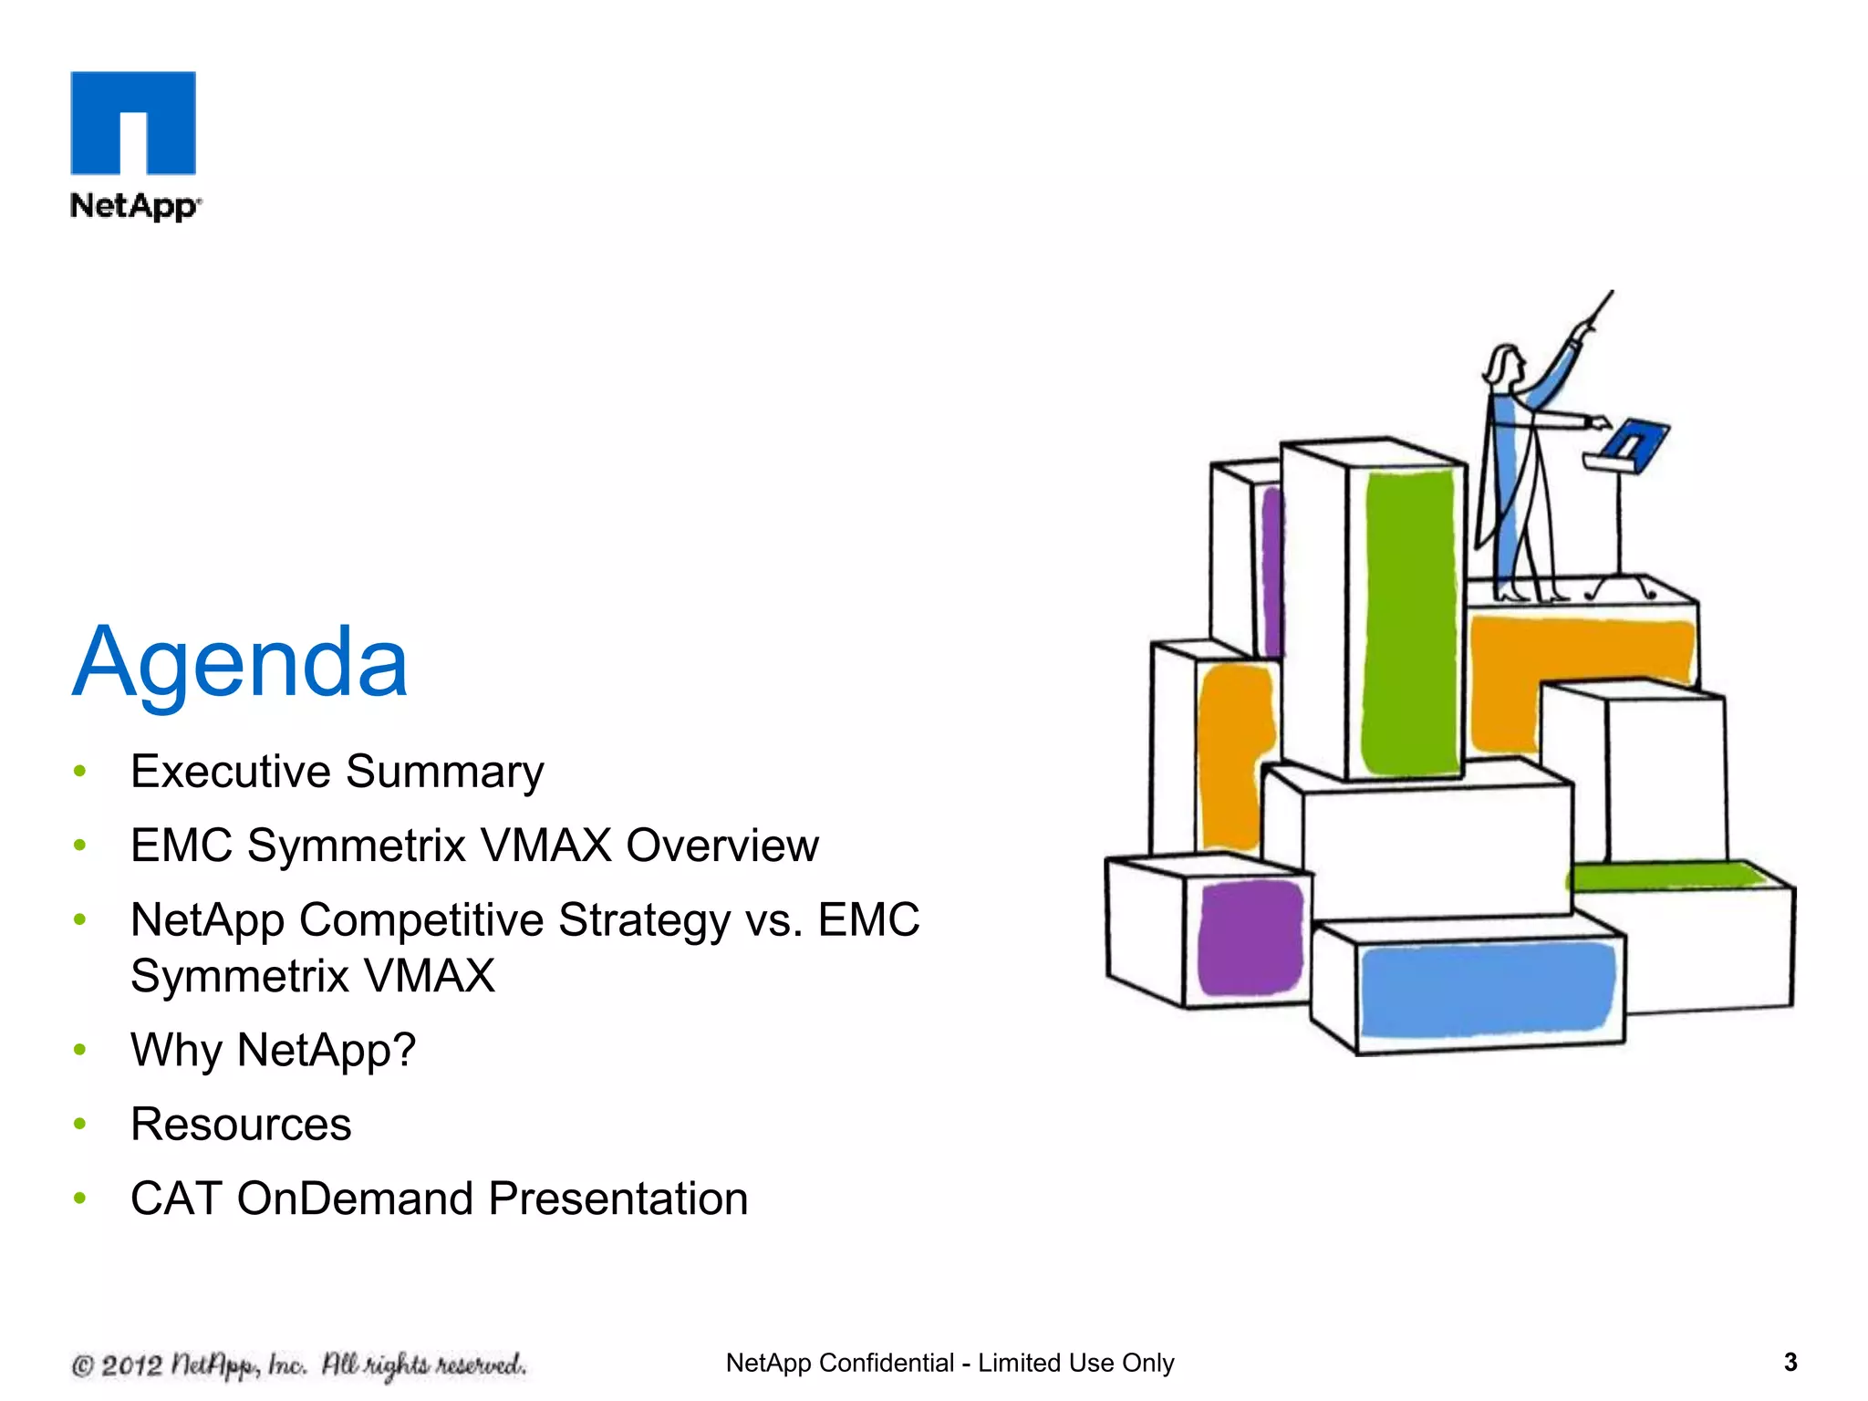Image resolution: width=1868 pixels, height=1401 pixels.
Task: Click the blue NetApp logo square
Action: pyautogui.click(x=133, y=122)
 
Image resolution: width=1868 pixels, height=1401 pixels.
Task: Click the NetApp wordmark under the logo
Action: pyautogui.click(x=134, y=206)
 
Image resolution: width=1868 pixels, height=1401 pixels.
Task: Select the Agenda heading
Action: pyautogui.click(x=240, y=663)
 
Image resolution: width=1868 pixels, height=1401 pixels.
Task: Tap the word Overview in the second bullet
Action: pyautogui.click(x=721, y=846)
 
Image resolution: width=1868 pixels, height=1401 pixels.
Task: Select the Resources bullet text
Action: pyautogui.click(x=241, y=1124)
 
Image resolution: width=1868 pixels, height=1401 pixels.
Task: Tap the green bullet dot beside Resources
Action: pyautogui.click(x=80, y=1124)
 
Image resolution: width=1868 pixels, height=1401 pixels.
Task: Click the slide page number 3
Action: pyautogui.click(x=1790, y=1363)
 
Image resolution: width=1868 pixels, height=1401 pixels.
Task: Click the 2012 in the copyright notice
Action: pyautogui.click(x=131, y=1365)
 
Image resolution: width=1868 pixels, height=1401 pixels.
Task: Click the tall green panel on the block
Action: pyautogui.click(x=1408, y=620)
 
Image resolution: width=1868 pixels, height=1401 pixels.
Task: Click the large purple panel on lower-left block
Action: pyautogui.click(x=1250, y=937)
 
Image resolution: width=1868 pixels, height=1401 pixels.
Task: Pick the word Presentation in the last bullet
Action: pyautogui.click(x=617, y=1199)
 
